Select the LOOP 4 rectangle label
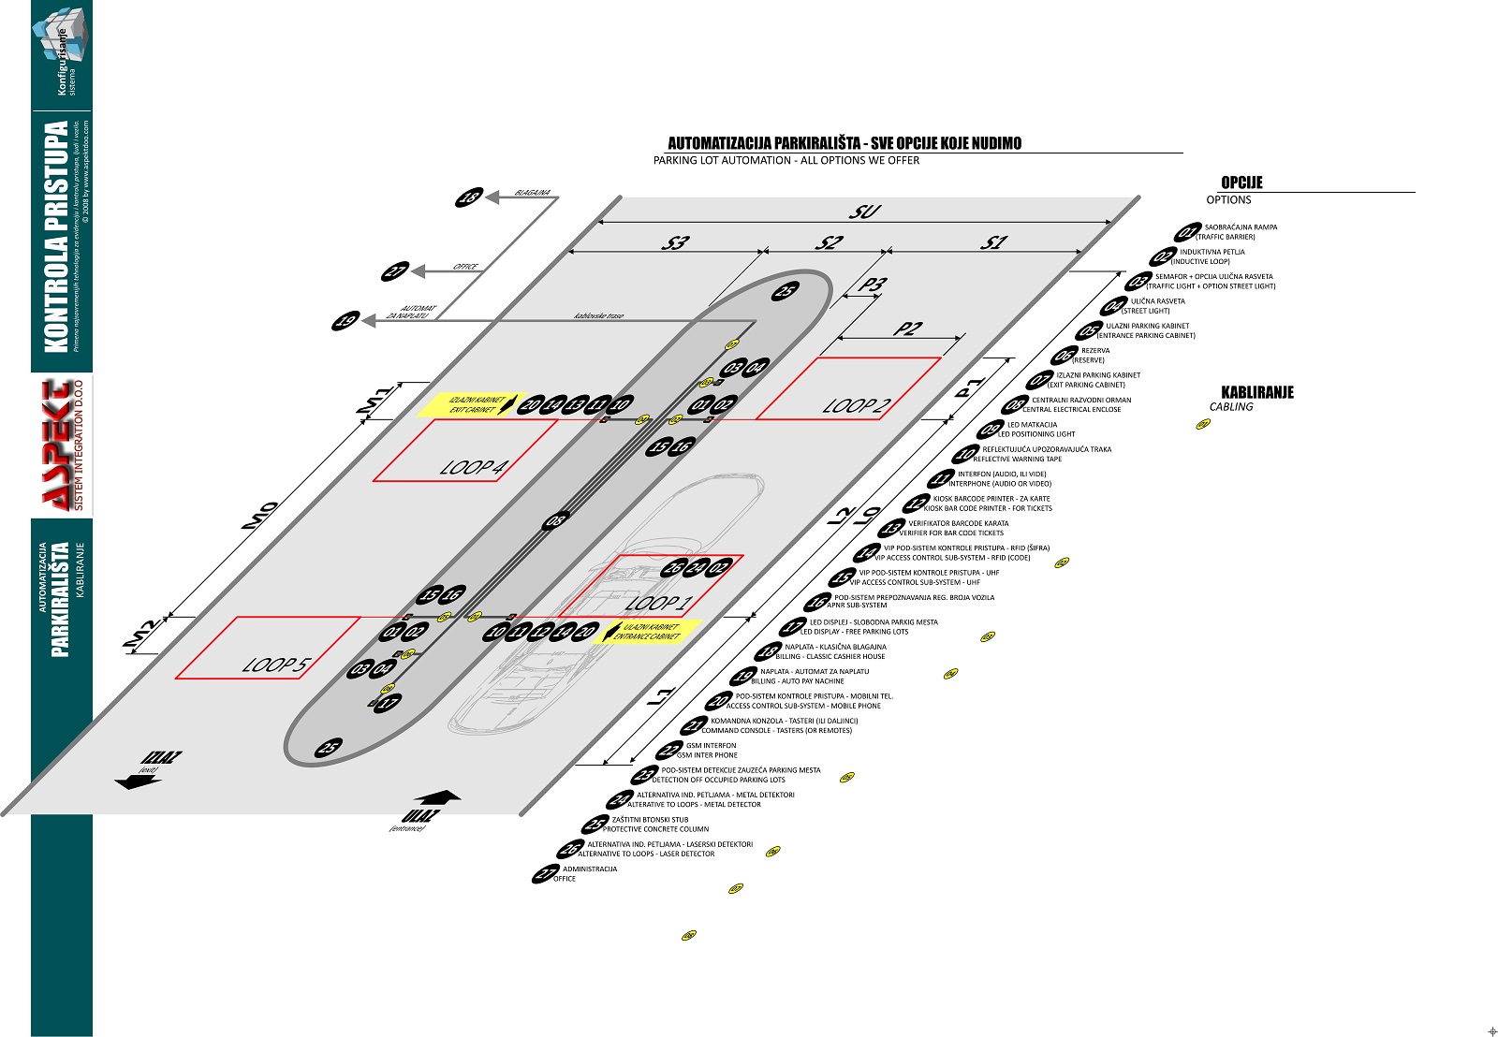474,466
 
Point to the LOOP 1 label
656,603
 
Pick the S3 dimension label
674,242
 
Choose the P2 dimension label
906,329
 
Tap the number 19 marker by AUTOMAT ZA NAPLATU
346,321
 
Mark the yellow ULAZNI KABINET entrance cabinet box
649,632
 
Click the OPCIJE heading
1241,183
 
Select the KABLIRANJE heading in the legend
1257,392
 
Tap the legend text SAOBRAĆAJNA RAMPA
1241,227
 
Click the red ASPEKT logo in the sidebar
62,446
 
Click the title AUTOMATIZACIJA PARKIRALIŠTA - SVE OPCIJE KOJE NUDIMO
844,143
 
